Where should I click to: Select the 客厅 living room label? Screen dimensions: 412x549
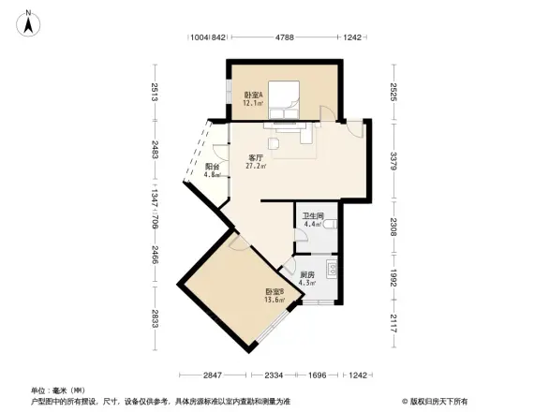point(255,157)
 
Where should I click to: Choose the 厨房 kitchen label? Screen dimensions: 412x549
point(306,273)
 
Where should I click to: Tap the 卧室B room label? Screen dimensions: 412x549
point(272,291)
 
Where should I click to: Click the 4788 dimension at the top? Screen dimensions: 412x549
point(285,38)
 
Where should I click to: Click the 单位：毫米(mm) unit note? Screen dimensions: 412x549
point(58,390)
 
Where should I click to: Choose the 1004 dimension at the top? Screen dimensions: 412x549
point(197,38)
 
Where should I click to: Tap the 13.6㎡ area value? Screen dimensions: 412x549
point(273,301)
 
